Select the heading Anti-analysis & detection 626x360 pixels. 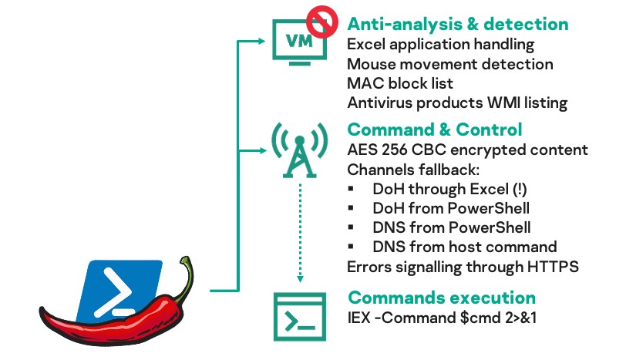(457, 24)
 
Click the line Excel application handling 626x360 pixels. (440, 45)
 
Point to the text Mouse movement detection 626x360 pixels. (450, 64)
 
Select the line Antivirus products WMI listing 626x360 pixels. (457, 103)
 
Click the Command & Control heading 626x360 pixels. (435, 129)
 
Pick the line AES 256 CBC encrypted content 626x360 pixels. (468, 150)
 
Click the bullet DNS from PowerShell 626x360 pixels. (451, 227)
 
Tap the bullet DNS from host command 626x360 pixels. (464, 247)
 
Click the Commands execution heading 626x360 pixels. (442, 297)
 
